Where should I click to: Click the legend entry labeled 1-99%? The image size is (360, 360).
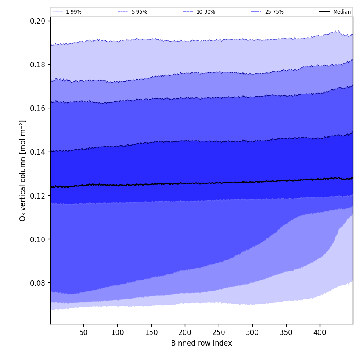pos(73,12)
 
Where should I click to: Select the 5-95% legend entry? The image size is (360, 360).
pos(139,12)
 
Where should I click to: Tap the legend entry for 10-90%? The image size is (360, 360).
pos(205,12)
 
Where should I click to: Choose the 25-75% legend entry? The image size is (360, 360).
pos(274,12)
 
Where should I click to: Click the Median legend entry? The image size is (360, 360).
pos(342,12)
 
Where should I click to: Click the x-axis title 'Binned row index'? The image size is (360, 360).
pos(202,343)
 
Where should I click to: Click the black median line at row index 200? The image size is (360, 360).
pos(185,183)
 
